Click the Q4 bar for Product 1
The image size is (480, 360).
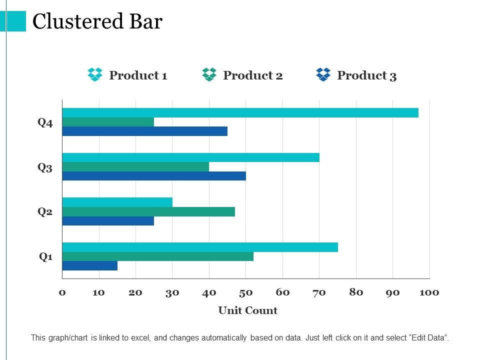240,113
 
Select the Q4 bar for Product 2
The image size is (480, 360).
108,122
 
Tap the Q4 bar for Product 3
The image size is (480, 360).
144,131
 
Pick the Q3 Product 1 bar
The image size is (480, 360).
190,157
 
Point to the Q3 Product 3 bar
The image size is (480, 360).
154,176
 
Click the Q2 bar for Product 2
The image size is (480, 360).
148,211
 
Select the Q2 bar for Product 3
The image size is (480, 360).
108,221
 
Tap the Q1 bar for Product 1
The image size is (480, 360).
200,247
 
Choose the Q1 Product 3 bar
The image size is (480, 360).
89,266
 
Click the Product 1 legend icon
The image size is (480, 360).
95,75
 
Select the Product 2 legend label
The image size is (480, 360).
253,75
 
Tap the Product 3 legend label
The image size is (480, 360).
367,75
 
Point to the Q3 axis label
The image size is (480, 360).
45,167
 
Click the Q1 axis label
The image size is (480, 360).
46,257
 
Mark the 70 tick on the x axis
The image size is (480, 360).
319,292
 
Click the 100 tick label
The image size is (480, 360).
429,292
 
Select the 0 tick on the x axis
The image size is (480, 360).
62,292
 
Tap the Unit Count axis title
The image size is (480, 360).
247,310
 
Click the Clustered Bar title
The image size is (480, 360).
97,22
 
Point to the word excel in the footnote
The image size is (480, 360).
140,338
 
